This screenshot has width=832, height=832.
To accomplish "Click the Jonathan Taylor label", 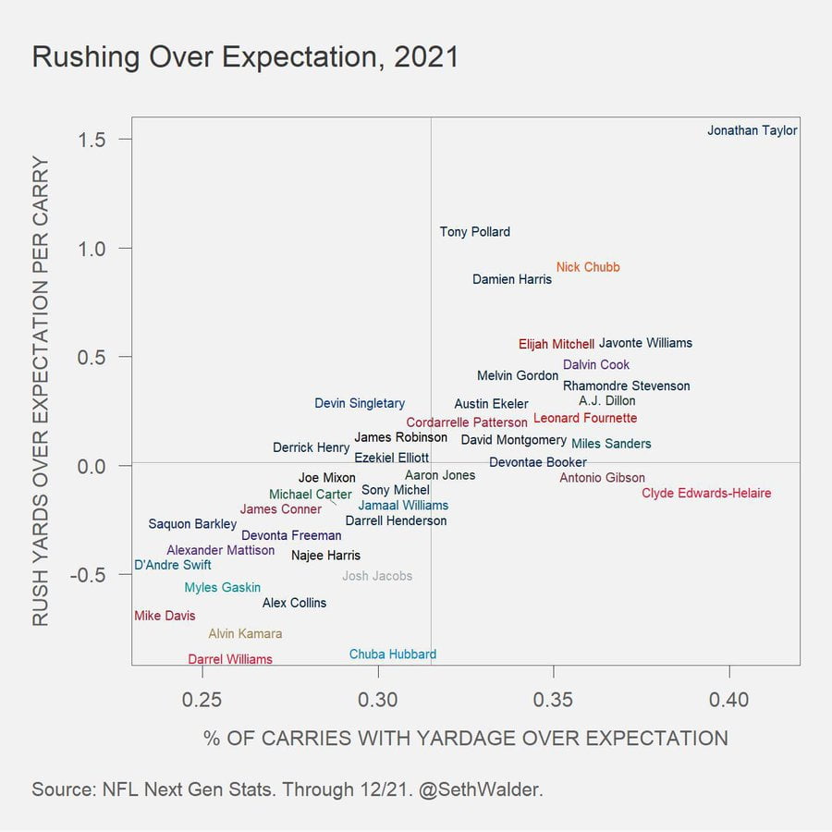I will pos(752,130).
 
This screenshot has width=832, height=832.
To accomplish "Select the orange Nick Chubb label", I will pos(588,267).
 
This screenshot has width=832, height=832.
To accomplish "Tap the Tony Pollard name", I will pos(474,232).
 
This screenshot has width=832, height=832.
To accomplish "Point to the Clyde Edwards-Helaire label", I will pos(706,494).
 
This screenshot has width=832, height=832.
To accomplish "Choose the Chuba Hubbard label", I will pos(393,655).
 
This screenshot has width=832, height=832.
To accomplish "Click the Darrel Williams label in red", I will pos(230,659).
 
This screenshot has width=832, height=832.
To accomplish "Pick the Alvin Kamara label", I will pos(245,634).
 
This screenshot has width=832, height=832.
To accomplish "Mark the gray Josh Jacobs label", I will pos(377,576).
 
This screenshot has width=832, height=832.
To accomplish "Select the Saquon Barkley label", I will pos(192,524).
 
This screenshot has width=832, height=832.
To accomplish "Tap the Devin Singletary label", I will pos(360,403).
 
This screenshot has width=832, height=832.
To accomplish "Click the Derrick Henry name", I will pos(312,447).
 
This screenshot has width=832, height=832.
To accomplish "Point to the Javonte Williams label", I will pos(645,343).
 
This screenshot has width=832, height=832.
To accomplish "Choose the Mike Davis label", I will pos(165,616).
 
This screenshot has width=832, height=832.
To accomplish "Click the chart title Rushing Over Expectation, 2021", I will pos(245,57).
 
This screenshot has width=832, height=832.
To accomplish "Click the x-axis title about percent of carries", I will pos(465,738).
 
